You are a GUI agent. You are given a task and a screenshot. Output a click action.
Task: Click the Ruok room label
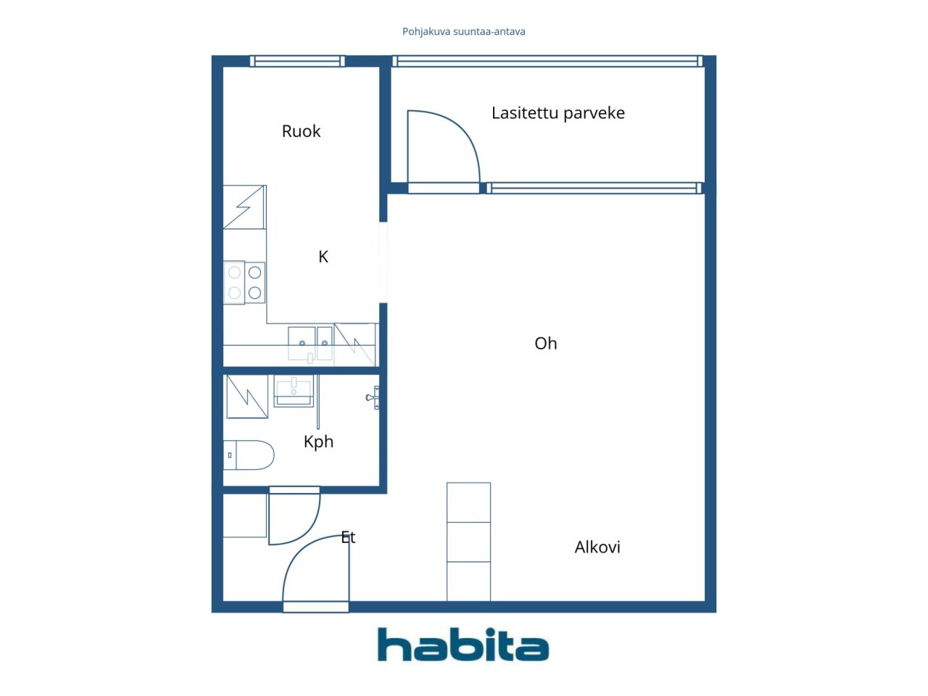pyautogui.click(x=301, y=131)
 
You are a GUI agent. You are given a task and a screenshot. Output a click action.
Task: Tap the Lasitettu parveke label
pyautogui.click(x=558, y=113)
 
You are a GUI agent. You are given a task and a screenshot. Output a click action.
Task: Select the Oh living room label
pyautogui.click(x=545, y=344)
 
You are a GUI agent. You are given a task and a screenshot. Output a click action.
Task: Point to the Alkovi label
pyautogui.click(x=597, y=547)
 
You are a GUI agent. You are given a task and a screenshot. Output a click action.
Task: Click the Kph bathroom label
pyautogui.click(x=318, y=442)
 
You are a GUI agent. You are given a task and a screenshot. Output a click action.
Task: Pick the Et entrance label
pyautogui.click(x=348, y=537)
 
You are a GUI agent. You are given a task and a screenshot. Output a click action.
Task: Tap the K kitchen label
pyautogui.click(x=323, y=257)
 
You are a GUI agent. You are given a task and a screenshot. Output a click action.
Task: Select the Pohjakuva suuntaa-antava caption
pyautogui.click(x=463, y=32)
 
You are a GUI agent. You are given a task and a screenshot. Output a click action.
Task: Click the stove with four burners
pyautogui.click(x=244, y=282)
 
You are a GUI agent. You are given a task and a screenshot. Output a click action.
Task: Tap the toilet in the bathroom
pyautogui.click(x=249, y=455)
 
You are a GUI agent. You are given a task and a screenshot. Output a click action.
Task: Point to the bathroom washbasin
pyautogui.click(x=294, y=391)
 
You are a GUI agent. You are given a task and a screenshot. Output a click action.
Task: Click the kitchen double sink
pyautogui.click(x=310, y=343)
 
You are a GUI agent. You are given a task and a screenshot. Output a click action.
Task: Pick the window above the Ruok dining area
pyautogui.click(x=297, y=62)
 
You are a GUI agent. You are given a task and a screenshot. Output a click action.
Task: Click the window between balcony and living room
pyautogui.click(x=594, y=188)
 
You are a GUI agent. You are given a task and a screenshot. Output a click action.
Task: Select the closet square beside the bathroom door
pyautogui.click(x=245, y=515)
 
